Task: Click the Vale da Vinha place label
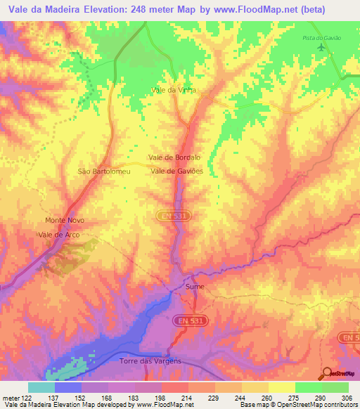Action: [x=173, y=91]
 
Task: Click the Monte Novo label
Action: [x=65, y=220]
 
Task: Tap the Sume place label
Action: [x=193, y=287]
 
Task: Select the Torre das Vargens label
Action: [x=150, y=361]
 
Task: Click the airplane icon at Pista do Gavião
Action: [x=322, y=47]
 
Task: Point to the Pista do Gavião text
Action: [x=321, y=37]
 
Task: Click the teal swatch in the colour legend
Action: [x=41, y=387]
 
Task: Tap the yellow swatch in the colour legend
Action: [x=281, y=387]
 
